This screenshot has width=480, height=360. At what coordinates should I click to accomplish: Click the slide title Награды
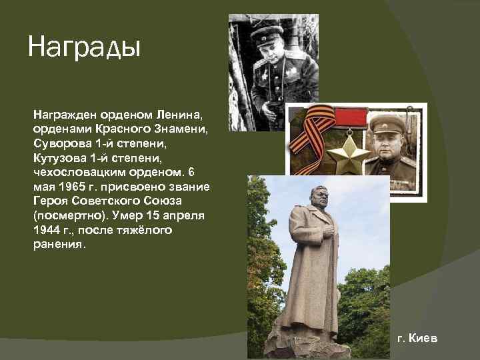click(84, 48)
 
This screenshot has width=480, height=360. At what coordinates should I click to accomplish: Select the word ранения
click(58, 245)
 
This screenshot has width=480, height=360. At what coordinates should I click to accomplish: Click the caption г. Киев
click(418, 339)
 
